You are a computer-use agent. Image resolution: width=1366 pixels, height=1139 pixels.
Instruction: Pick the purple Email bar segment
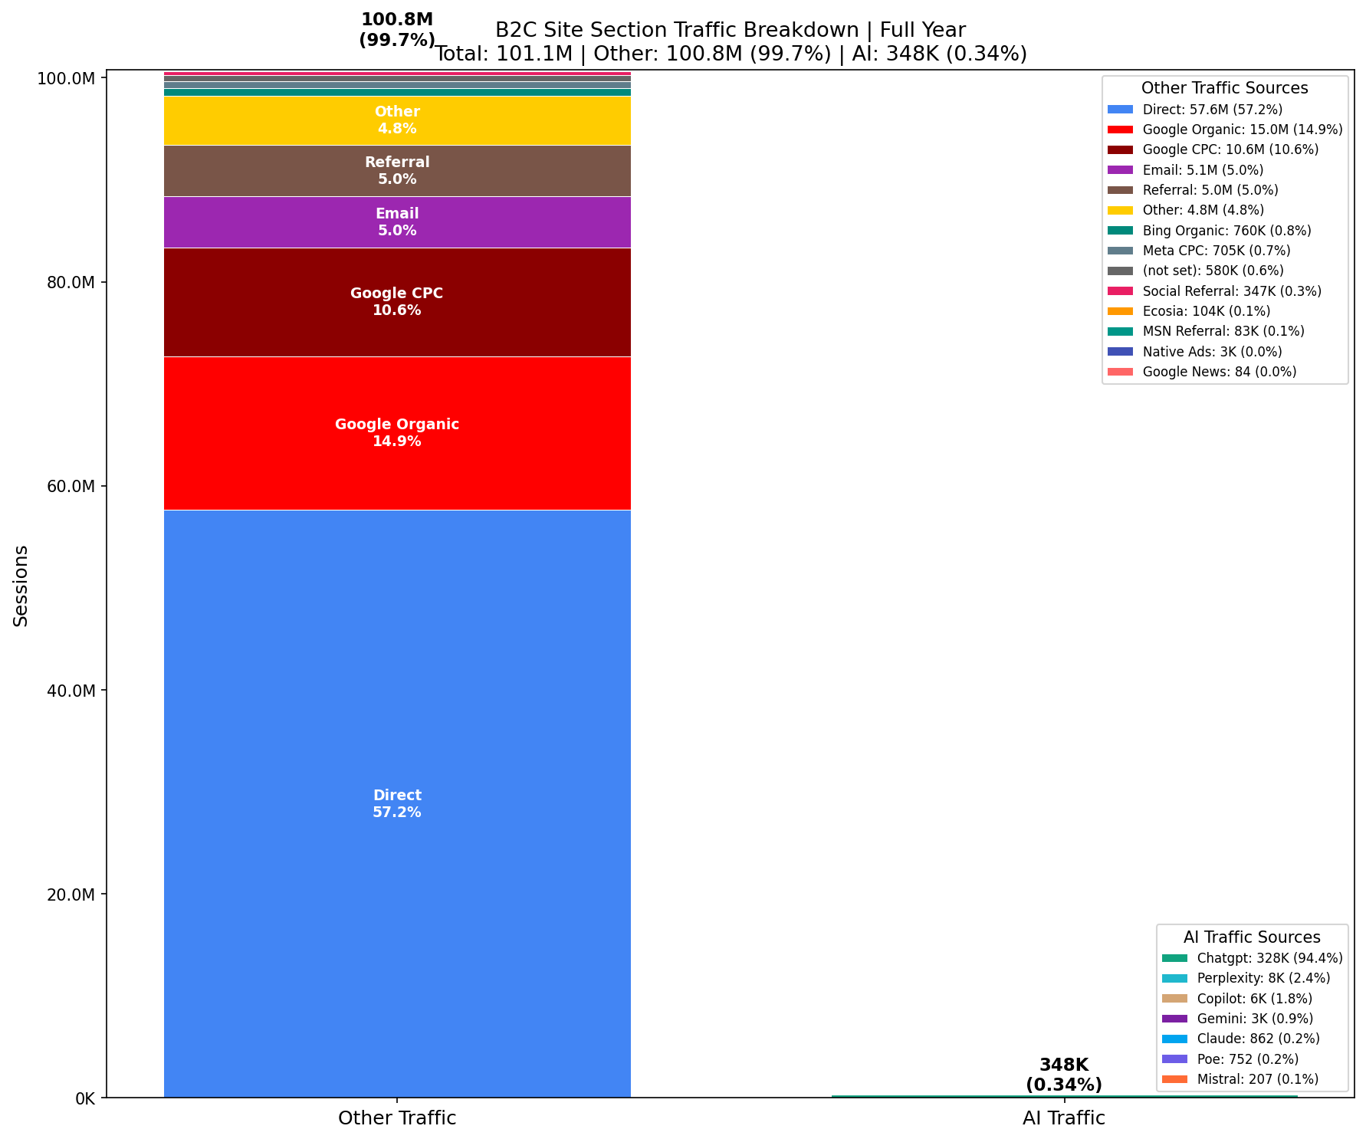click(397, 222)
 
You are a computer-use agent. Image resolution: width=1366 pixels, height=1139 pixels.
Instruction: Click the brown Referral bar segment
click(397, 171)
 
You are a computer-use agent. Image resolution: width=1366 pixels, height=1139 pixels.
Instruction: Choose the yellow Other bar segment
click(397, 120)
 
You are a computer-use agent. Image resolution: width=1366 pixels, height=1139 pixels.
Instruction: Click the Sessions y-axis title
click(21, 586)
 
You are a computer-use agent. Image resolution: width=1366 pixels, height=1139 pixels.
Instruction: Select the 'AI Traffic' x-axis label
click(1064, 1118)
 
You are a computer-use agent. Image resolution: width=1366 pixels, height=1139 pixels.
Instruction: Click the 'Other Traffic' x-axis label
click(397, 1118)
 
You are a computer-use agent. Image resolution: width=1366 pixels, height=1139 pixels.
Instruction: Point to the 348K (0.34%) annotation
click(1064, 1075)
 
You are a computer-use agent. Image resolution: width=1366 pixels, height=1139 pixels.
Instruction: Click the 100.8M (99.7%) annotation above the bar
click(397, 30)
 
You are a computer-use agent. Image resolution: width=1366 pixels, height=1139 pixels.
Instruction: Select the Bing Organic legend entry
click(1226, 231)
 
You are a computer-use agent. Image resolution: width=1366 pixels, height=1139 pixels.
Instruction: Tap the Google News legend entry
click(1219, 372)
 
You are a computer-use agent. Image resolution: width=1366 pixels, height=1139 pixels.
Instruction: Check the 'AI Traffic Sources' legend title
click(1252, 937)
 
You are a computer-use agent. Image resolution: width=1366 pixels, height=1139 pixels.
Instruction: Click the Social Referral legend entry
click(1231, 291)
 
